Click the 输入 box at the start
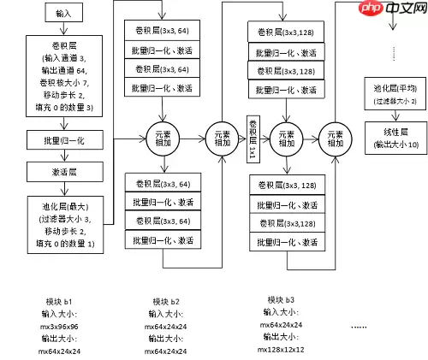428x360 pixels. pos(64,14)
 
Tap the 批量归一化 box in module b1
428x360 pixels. pos(64,138)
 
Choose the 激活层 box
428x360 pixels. pos(64,170)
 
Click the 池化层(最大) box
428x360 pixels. pos(64,224)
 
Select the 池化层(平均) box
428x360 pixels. pos(389,92)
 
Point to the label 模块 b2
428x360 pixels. pos(165,302)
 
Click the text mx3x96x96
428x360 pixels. pos(59,326)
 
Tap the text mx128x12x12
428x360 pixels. pos(282,349)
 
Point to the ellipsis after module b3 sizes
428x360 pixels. pos(359,327)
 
